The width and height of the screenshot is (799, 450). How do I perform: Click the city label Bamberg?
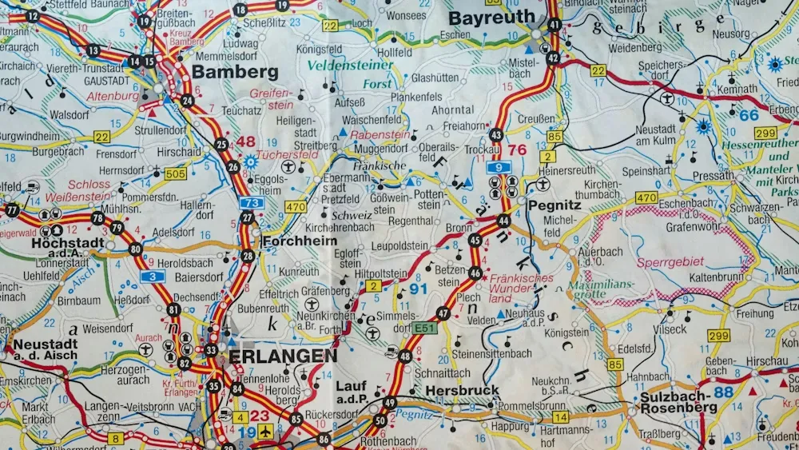coord(235,72)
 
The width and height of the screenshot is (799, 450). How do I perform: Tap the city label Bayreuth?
coord(491,17)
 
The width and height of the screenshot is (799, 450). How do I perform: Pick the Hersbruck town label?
coord(463,390)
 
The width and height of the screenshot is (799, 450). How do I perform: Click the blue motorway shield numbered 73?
coord(251,203)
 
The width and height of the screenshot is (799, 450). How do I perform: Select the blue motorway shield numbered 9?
coord(499,167)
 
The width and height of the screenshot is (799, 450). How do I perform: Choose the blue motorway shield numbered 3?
coord(153,277)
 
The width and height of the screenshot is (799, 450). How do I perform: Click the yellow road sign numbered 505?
coord(176,173)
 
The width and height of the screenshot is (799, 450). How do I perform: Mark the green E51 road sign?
coord(425,329)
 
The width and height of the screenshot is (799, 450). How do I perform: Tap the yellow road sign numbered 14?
coord(560,416)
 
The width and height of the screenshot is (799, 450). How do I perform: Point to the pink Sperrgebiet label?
coord(670,261)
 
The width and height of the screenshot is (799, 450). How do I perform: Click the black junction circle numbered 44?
coord(503,221)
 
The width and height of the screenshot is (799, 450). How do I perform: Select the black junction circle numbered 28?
coord(248,257)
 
